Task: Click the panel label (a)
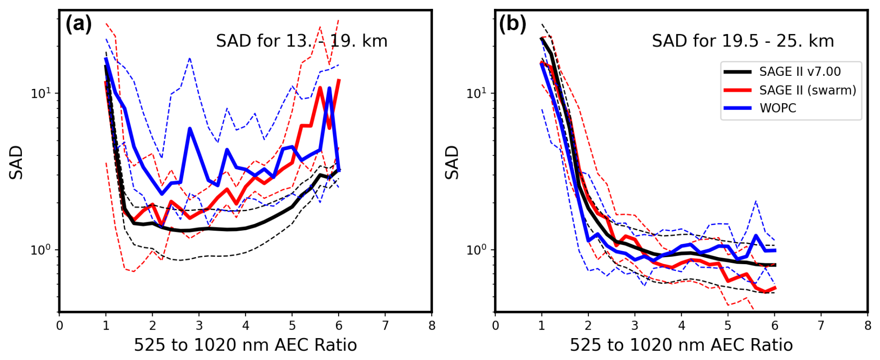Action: pos(78,24)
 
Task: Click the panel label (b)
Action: pos(512,24)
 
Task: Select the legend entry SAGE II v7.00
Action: pos(800,72)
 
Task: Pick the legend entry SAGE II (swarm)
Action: pos(807,90)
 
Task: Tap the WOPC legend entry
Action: pos(778,108)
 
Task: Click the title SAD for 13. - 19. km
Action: pos(301,41)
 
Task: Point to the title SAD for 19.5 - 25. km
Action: pos(742,41)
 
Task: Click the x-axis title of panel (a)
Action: pos(245,345)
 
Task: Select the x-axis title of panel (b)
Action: pos(681,345)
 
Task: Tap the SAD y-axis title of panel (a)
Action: pos(16,162)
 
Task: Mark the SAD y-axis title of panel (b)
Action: pos(452,162)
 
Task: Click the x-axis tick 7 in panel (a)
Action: pos(385,325)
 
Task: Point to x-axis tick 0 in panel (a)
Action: pos(60,325)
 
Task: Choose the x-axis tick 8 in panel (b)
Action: pos(867,325)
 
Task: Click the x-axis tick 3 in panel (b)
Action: pos(635,325)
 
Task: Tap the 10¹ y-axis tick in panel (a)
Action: pos(40,93)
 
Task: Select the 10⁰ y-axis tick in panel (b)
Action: pos(476,250)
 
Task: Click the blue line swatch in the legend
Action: pos(737,108)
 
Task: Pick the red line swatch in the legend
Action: pos(737,90)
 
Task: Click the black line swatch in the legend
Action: pos(737,72)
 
